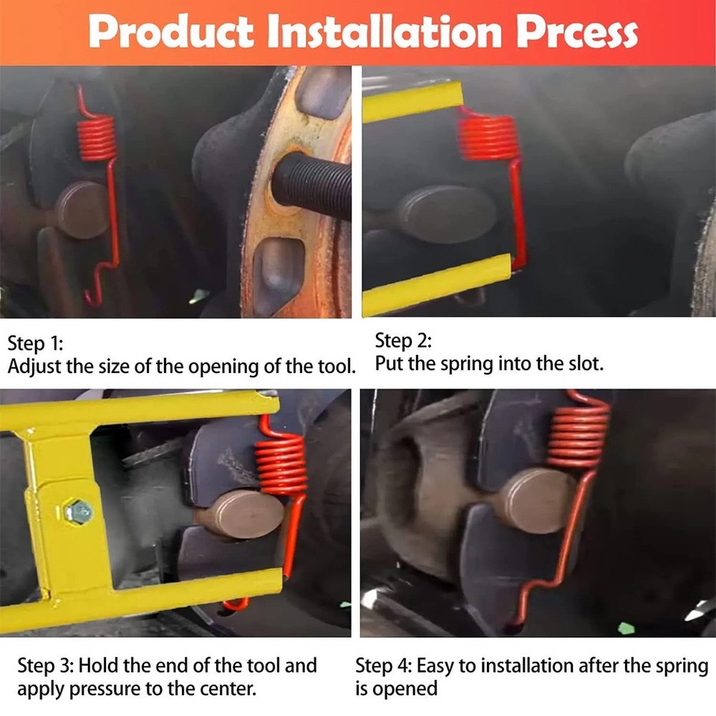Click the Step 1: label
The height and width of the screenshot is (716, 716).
(36, 344)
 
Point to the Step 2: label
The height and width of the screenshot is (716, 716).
(403, 341)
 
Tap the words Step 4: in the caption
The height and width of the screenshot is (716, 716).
(384, 665)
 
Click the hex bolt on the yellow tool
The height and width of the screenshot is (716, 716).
(78, 512)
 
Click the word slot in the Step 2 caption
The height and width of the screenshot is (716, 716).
(586, 364)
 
